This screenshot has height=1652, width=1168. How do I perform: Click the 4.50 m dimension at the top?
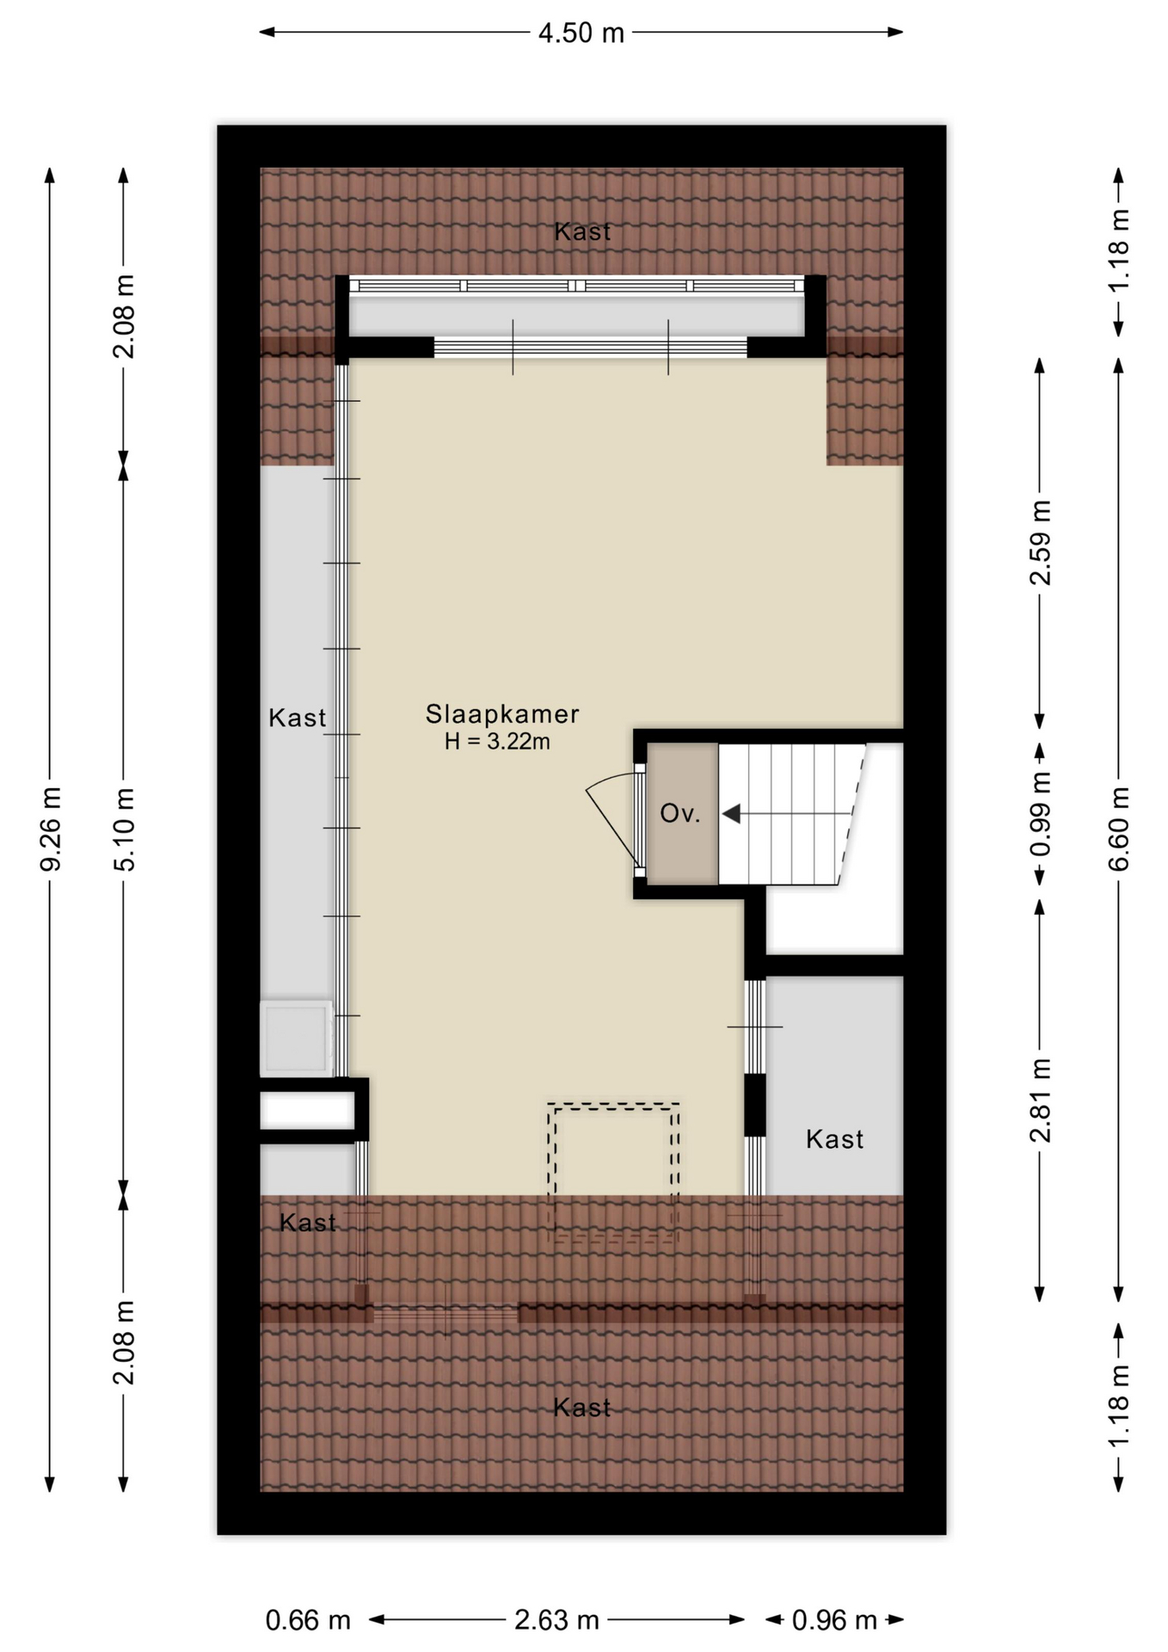point(581,33)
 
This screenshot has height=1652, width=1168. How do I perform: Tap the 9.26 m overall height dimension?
point(51,829)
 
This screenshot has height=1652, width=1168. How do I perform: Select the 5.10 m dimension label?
point(125,829)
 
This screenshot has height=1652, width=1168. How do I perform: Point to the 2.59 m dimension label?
point(1041,543)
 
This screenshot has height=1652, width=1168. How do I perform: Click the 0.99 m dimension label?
point(1041,814)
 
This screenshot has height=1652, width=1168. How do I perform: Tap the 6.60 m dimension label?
point(1119,829)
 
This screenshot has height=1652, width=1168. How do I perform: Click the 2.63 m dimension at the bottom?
point(556,1620)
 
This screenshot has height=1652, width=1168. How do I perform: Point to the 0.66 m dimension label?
point(308,1620)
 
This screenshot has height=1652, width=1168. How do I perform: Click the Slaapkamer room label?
point(502,714)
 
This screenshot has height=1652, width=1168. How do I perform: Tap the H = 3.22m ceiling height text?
point(497,741)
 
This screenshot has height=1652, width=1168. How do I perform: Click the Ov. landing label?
point(680,813)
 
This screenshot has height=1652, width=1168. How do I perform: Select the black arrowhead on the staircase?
point(731,813)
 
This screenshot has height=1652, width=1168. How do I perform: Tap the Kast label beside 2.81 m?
point(834,1139)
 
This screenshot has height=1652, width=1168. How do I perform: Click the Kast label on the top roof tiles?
point(582,231)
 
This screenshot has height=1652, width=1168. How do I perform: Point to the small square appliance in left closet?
point(296,1037)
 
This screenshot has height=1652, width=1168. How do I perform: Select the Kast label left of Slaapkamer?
point(298,718)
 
